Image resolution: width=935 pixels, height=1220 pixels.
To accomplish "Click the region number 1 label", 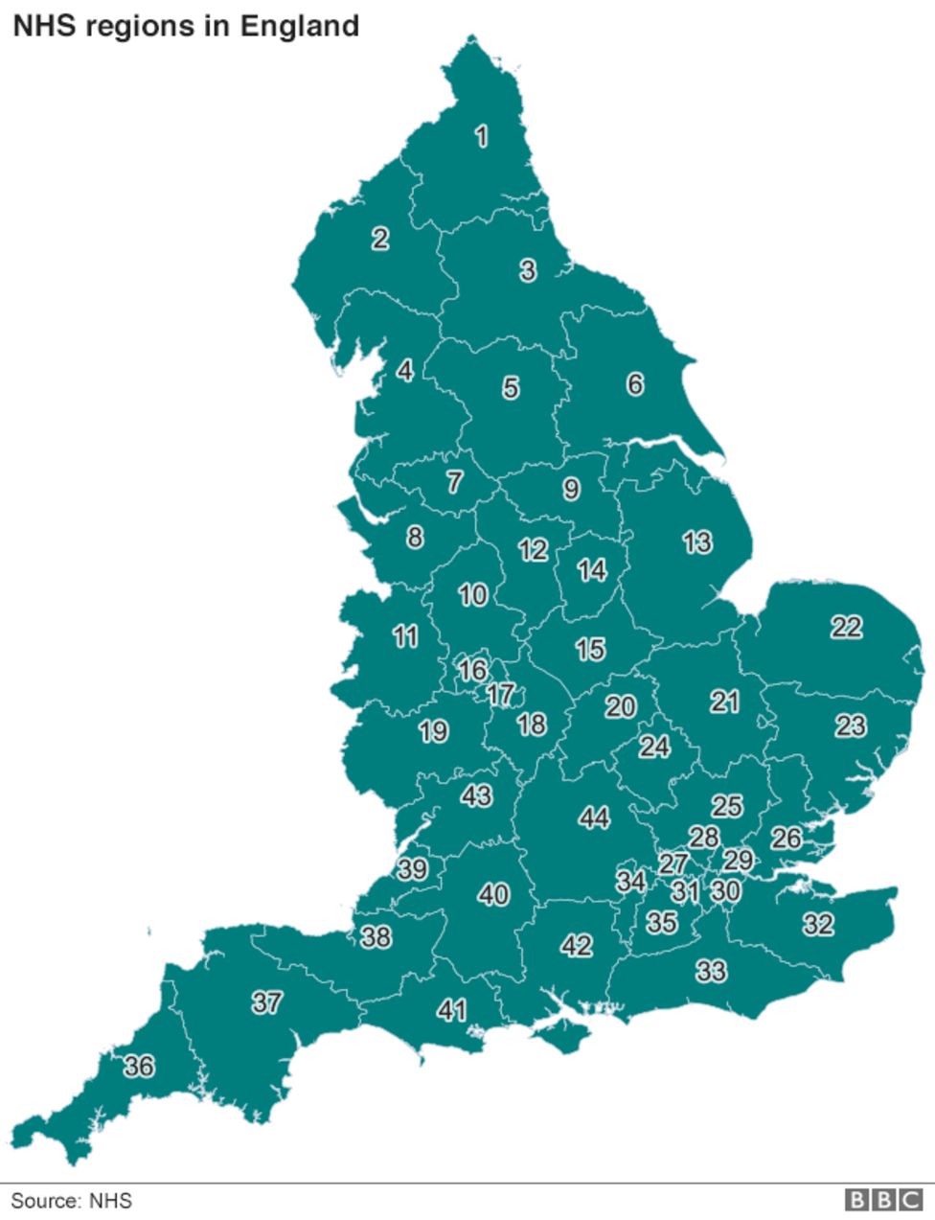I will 482,136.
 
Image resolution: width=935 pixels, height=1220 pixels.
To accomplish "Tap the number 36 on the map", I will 139,1066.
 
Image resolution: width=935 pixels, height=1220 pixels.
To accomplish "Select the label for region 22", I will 846,628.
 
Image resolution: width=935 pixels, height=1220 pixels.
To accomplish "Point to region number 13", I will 697,542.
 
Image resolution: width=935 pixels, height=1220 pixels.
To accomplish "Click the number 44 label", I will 594,817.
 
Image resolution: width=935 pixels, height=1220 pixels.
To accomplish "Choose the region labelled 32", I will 817,924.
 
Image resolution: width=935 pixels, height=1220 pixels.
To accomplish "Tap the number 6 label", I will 635,384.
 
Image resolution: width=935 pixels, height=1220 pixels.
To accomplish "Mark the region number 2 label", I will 380,238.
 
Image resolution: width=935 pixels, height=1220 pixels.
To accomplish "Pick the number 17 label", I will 500,694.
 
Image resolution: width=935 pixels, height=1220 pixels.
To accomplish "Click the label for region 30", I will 725,890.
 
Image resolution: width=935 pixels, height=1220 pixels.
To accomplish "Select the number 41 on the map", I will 451,1009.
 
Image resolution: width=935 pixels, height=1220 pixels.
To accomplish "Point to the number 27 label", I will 673,863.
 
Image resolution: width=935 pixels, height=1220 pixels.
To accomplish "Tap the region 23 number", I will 851,725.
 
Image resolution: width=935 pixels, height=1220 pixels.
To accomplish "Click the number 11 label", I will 405,635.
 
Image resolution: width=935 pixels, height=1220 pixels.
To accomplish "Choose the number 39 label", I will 413,869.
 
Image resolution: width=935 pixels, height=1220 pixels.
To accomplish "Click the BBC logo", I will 883,1200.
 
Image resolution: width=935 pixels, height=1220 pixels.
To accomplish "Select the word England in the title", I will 299,26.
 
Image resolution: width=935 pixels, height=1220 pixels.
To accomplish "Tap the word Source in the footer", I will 45,1200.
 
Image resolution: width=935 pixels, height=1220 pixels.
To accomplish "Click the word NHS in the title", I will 45,26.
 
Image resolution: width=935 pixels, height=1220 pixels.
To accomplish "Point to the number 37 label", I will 267,1002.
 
